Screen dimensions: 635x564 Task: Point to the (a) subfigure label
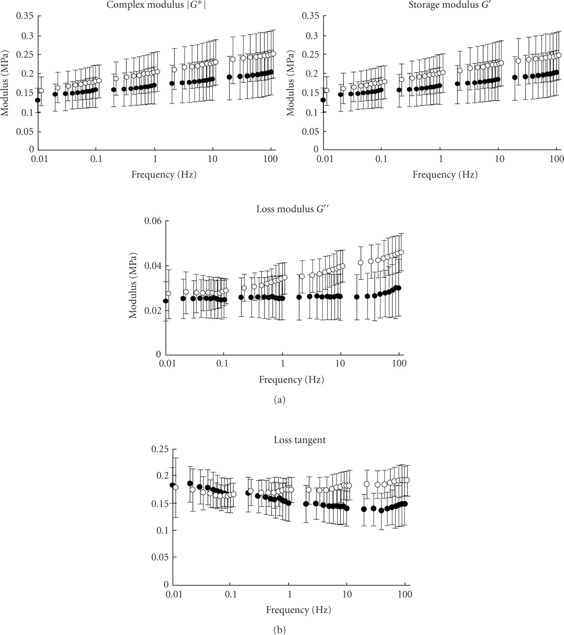click(x=279, y=399)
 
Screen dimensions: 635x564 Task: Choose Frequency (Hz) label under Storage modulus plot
click(x=445, y=175)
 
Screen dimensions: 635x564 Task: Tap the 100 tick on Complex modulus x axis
click(x=270, y=158)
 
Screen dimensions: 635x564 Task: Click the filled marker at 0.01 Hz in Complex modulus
click(x=38, y=100)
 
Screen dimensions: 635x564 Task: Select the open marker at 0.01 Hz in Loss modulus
click(x=168, y=293)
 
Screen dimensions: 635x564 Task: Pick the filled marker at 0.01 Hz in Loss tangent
click(x=172, y=485)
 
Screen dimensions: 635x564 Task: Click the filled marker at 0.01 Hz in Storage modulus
click(x=323, y=100)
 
